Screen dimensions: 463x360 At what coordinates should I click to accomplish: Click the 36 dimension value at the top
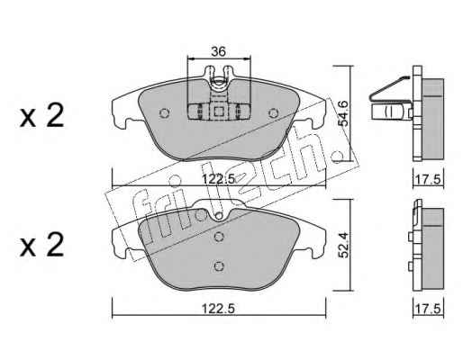[x=218, y=51]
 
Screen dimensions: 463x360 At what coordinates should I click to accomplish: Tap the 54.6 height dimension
[x=342, y=113]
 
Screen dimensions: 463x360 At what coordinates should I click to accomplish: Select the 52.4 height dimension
[x=343, y=246]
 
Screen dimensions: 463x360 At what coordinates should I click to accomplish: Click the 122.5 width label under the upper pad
[x=218, y=179]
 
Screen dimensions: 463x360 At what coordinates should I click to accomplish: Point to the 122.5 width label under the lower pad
[x=218, y=309]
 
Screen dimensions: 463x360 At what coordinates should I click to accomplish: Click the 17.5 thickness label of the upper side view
[x=429, y=180]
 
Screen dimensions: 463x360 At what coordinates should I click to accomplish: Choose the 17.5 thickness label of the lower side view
[x=429, y=309]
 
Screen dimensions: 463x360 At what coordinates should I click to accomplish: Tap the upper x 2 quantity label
[x=41, y=115]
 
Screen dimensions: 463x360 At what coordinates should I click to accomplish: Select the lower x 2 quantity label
[x=41, y=245]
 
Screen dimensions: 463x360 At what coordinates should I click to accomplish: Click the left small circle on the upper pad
[x=164, y=112]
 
